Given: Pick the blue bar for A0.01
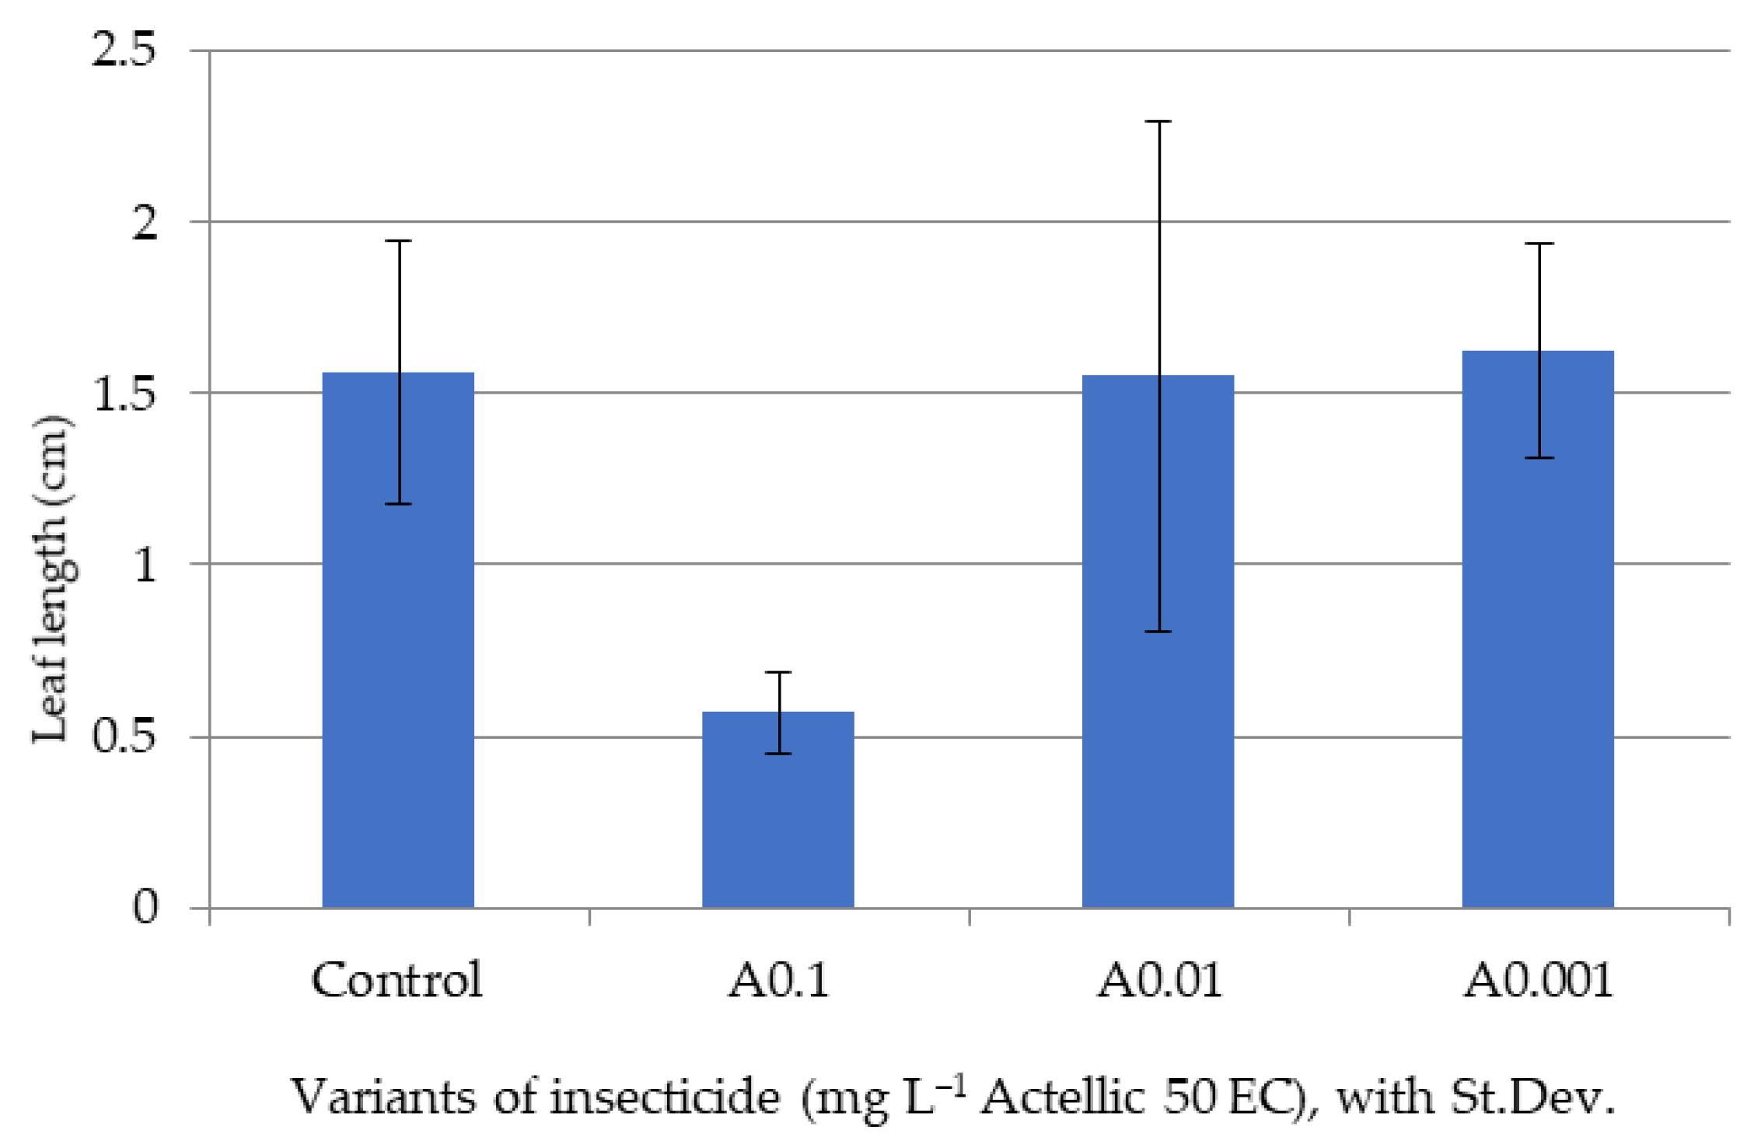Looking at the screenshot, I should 1158,700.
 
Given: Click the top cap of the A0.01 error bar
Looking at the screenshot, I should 1158,121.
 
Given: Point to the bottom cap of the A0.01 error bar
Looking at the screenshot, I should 1158,632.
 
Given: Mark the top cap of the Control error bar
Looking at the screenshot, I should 399,241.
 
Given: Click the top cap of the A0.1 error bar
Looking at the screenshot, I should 778,672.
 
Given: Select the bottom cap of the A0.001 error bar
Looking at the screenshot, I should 1539,458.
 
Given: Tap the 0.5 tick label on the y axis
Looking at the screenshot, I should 124,736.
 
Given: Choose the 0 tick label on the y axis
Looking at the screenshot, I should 145,907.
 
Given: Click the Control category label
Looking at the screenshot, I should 397,980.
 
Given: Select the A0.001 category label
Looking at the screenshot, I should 1538,980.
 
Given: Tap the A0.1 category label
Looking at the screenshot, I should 778,980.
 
